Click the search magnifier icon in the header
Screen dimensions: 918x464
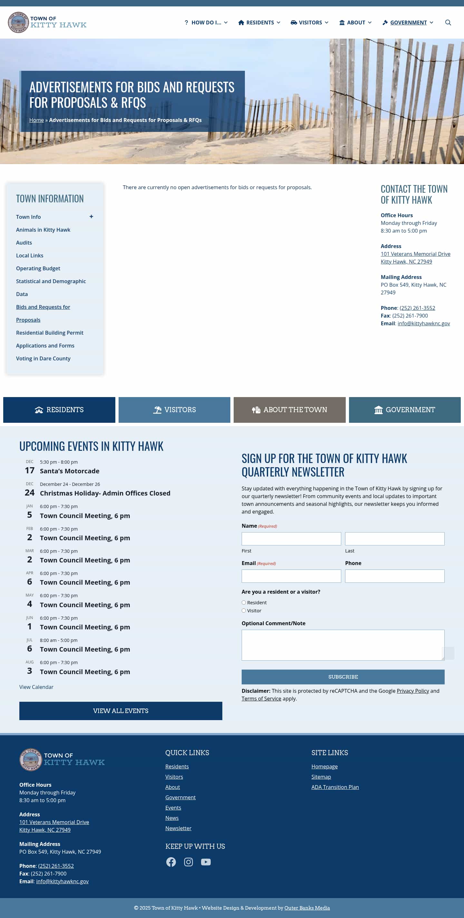pyautogui.click(x=448, y=23)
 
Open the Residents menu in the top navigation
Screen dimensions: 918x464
pyautogui.click(x=259, y=23)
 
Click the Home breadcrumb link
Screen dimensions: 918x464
pyautogui.click(x=36, y=120)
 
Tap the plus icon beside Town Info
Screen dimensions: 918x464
pyautogui.click(x=92, y=217)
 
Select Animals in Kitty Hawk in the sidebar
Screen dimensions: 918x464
pyautogui.click(x=43, y=230)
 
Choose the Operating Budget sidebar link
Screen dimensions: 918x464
pyautogui.click(x=38, y=268)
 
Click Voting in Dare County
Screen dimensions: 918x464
pyautogui.click(x=43, y=358)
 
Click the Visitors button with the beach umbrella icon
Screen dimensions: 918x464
pyautogui.click(x=174, y=410)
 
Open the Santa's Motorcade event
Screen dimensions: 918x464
pyautogui.click(x=70, y=471)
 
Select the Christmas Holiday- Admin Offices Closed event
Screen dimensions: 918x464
pyautogui.click(x=105, y=493)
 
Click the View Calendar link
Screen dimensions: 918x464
pyautogui.click(x=36, y=687)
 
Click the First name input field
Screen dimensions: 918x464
pyautogui.click(x=291, y=539)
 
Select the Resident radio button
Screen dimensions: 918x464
pyautogui.click(x=244, y=603)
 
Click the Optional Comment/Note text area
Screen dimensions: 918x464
pyautogui.click(x=343, y=645)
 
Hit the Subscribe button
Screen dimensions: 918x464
pyautogui.click(x=343, y=677)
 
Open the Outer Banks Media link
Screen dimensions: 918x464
pyautogui.click(x=307, y=908)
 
